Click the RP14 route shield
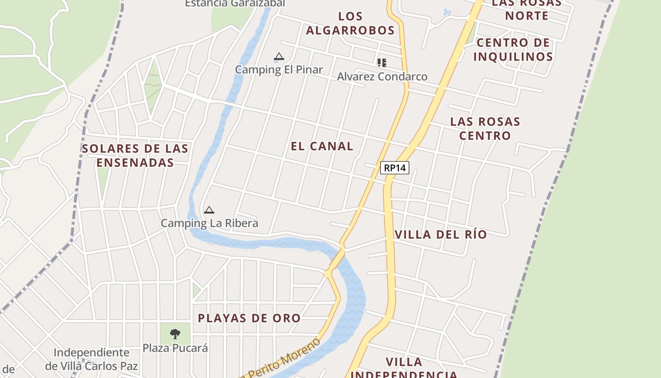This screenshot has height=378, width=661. pos(394,167)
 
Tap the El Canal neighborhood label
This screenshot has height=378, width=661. pos(322,146)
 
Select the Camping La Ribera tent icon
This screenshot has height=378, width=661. pos(209,210)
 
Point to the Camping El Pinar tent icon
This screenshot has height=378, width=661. pos(279,57)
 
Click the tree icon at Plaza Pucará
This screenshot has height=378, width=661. pos(175,334)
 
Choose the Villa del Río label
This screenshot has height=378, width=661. pos(441,234)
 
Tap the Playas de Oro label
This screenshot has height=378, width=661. pos(249,318)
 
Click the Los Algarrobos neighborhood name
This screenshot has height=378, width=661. pos(350,24)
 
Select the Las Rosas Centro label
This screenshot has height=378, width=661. pos(485,129)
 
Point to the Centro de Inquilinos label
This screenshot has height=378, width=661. pos(513,50)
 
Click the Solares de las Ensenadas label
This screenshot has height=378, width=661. pos(135,155)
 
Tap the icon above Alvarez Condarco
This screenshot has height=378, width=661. pos(382,62)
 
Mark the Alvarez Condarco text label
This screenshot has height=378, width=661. pos(382,77)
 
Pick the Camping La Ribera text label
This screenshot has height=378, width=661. pos(209,223)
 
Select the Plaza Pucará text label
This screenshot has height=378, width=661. pos(175,348)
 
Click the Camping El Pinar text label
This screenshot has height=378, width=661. pos(279,69)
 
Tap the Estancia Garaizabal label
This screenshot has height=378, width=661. pos(235,3)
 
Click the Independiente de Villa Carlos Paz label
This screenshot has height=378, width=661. pos(92,359)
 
